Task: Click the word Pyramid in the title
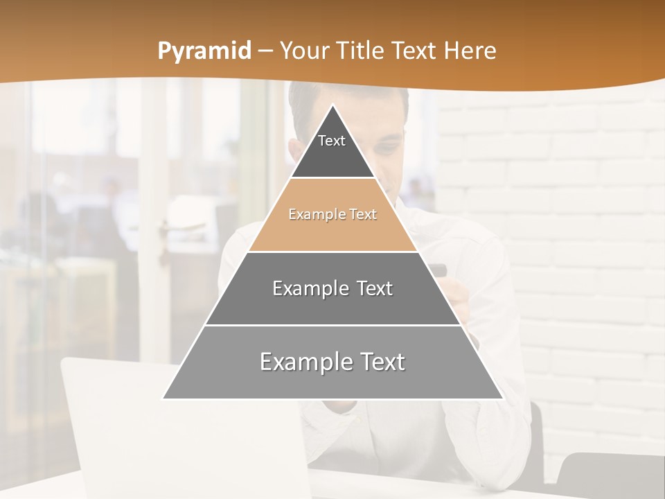tap(204, 51)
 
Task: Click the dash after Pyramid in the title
tap(265, 51)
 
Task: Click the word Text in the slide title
tap(415, 51)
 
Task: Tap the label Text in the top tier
tap(332, 141)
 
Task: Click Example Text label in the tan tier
tap(332, 214)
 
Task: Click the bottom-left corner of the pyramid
tap(163, 398)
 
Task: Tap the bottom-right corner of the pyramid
tap(502, 398)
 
